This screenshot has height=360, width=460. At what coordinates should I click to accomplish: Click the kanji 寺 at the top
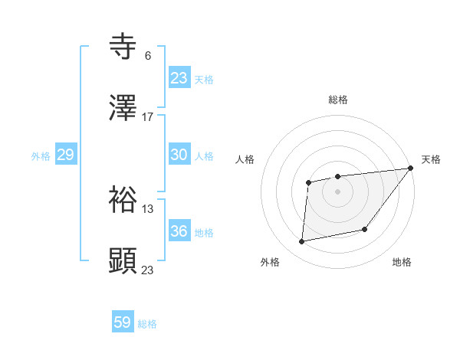pyautogui.click(x=123, y=47)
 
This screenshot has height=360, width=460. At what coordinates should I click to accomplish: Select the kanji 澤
pyautogui.click(x=123, y=109)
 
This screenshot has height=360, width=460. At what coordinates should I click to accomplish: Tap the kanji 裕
pyautogui.click(x=123, y=200)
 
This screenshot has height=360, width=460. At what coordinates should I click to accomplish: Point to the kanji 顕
pyautogui.click(x=123, y=261)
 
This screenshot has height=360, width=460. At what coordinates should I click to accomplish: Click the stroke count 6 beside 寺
pyautogui.click(x=147, y=55)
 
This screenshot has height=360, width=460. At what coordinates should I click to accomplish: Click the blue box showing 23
pyautogui.click(x=179, y=78)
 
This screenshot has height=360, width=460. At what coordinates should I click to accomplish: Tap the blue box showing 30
pyautogui.click(x=179, y=155)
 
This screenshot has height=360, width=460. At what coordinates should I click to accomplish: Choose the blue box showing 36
pyautogui.click(x=179, y=231)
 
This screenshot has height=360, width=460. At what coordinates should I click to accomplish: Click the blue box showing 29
pyautogui.click(x=65, y=155)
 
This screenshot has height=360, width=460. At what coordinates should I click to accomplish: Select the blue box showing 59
pyautogui.click(x=122, y=323)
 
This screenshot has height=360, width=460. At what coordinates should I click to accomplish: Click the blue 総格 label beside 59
pyautogui.click(x=147, y=325)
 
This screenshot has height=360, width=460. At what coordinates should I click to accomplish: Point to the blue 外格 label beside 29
pyautogui.click(x=41, y=156)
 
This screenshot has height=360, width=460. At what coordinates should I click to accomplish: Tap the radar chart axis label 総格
pyautogui.click(x=337, y=100)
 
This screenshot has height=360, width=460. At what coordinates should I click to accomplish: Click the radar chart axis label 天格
pyautogui.click(x=431, y=159)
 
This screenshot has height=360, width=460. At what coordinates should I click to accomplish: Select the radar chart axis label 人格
pyautogui.click(x=245, y=159)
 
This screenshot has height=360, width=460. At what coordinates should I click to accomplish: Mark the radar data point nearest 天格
pyautogui.click(x=410, y=168)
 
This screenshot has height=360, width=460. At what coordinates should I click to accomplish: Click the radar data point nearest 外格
pyautogui.click(x=302, y=242)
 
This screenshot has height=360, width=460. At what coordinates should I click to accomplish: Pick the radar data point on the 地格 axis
pyautogui.click(x=365, y=229)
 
